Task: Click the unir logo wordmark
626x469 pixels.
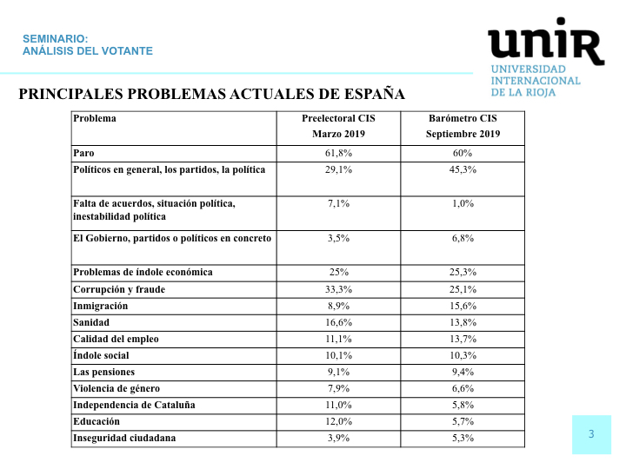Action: pyautogui.click(x=546, y=42)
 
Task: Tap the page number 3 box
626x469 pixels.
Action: pyautogui.click(x=591, y=434)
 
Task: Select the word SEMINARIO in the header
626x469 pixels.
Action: pyautogui.click(x=55, y=39)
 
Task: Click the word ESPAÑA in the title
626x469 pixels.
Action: pyautogui.click(x=375, y=94)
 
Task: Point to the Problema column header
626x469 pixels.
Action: pyautogui.click(x=95, y=118)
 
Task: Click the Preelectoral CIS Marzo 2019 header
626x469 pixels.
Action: pyautogui.click(x=338, y=126)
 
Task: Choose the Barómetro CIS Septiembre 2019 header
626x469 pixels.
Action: pyautogui.click(x=463, y=126)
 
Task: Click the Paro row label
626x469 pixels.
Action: pyautogui.click(x=83, y=153)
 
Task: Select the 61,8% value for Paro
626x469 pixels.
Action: pyautogui.click(x=338, y=153)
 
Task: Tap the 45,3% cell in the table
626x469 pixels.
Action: pyautogui.click(x=463, y=170)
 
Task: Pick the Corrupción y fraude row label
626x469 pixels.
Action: pyautogui.click(x=119, y=289)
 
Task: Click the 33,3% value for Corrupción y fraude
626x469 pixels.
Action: pyautogui.click(x=338, y=289)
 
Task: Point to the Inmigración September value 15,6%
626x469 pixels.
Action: pyautogui.click(x=463, y=307)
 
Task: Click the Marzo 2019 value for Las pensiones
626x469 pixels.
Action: pyautogui.click(x=338, y=372)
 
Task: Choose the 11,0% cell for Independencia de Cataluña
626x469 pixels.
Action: pyautogui.click(x=338, y=406)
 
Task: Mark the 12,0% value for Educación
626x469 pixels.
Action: pyautogui.click(x=338, y=422)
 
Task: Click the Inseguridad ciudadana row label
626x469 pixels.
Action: pyautogui.click(x=124, y=439)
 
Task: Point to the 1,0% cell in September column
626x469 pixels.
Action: pyautogui.click(x=463, y=204)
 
